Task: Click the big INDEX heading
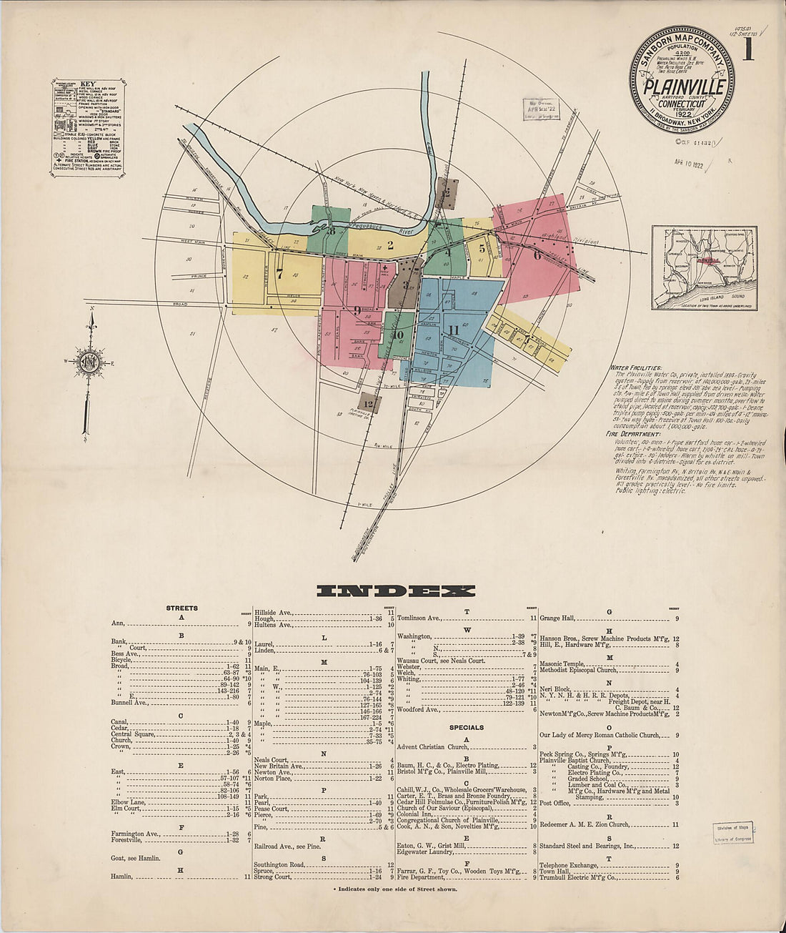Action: click(395, 591)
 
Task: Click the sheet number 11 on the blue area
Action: click(453, 330)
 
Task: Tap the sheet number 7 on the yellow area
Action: click(279, 272)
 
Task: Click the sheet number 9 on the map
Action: click(356, 310)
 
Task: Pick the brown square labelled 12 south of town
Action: click(368, 404)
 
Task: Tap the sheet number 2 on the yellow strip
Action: click(390, 245)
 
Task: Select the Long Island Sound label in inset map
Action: click(722, 295)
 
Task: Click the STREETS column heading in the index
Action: click(181, 608)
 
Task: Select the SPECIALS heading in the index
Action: click(466, 727)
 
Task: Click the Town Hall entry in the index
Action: click(554, 872)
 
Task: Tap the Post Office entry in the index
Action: click(554, 803)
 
